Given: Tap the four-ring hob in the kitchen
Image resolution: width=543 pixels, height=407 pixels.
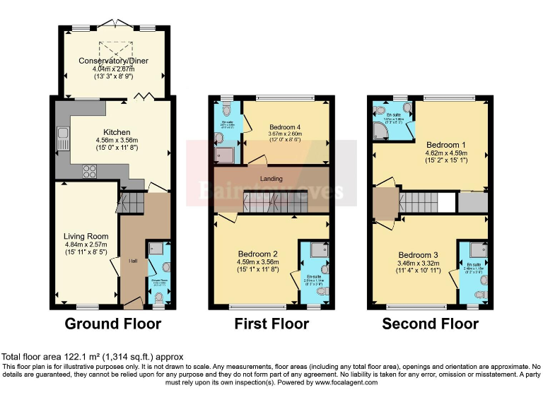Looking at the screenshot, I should [x=90, y=170].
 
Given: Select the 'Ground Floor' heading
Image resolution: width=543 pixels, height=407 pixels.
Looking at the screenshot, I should [x=113, y=324].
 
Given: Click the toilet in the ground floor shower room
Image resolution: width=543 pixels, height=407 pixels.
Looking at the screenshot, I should [x=165, y=267].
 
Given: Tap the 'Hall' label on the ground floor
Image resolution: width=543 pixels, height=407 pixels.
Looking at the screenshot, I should [x=132, y=261].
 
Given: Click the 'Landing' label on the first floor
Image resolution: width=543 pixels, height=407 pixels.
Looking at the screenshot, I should [x=271, y=179].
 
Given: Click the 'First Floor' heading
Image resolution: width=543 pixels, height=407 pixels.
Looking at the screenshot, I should [x=271, y=324].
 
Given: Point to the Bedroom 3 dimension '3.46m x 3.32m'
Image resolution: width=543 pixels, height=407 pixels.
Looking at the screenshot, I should [x=419, y=264].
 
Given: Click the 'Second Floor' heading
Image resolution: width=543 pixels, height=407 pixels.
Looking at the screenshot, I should [x=430, y=324].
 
